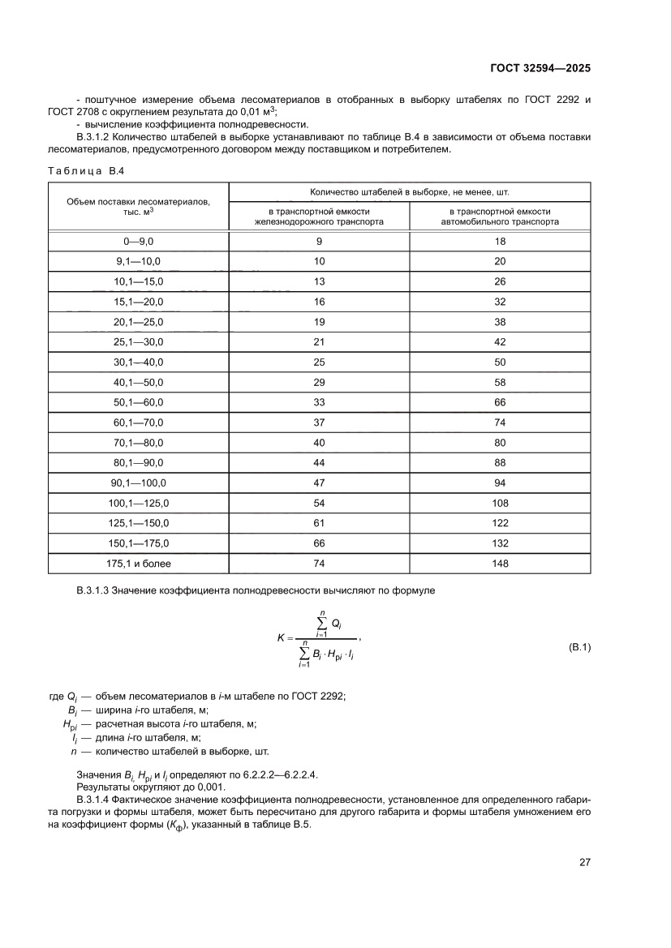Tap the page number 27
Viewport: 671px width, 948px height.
[x=584, y=862]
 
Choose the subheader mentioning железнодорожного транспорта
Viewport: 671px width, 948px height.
[x=319, y=215]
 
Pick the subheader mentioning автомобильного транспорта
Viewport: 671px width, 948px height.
[x=500, y=215]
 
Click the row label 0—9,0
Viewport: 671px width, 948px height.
[x=139, y=242]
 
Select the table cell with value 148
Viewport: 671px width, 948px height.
[x=500, y=562]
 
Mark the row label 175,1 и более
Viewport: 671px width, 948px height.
[x=139, y=562]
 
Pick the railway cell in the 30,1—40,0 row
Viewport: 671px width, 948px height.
[x=319, y=362]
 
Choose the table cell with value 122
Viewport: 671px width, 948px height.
[x=500, y=522]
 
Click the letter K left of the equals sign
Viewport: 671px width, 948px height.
[x=281, y=637]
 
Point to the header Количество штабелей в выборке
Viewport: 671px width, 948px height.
[x=409, y=191]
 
